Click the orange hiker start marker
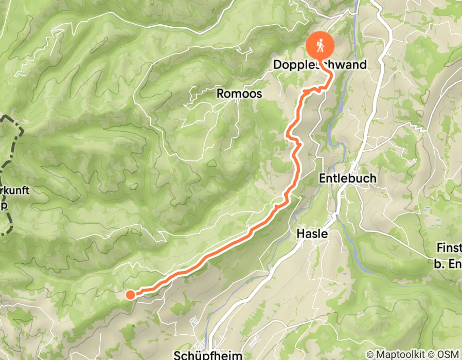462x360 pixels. click(x=321, y=47)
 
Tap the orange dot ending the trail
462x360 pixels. click(x=130, y=294)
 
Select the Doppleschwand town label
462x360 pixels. click(x=320, y=65)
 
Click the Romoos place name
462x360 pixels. click(x=239, y=94)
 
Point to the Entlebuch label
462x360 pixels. click(x=348, y=178)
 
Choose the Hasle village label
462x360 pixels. click(x=312, y=233)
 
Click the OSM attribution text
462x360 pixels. click(x=449, y=355)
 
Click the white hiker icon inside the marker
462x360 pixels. click(x=321, y=46)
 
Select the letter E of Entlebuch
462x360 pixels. click(x=323, y=178)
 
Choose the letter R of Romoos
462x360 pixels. click(x=220, y=94)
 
